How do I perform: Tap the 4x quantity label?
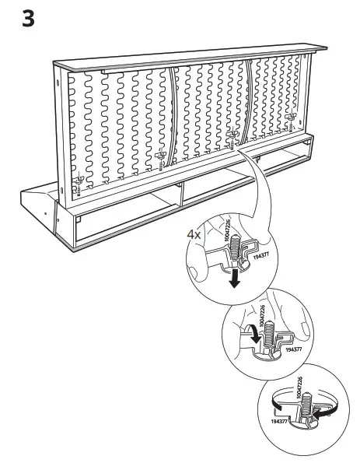(194, 233)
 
